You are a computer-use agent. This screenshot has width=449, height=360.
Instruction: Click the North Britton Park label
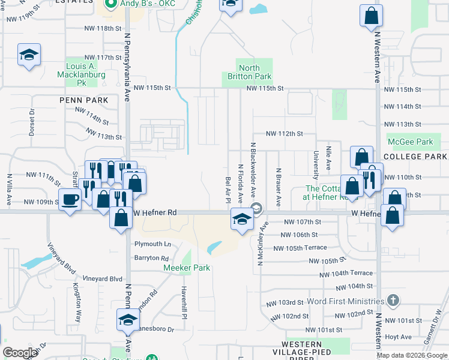247,72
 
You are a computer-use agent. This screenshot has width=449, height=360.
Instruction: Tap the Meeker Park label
187,268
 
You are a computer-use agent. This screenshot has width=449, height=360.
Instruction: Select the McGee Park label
410,142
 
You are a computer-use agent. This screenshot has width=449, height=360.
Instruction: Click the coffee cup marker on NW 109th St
70,199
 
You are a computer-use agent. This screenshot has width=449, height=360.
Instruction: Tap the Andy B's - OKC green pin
110,4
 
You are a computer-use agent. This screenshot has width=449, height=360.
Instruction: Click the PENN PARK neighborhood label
83,100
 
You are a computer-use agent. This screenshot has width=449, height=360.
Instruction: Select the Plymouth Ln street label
152,244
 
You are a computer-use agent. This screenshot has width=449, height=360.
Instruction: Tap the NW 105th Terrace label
300,248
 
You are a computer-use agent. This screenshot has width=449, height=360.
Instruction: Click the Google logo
20,353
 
